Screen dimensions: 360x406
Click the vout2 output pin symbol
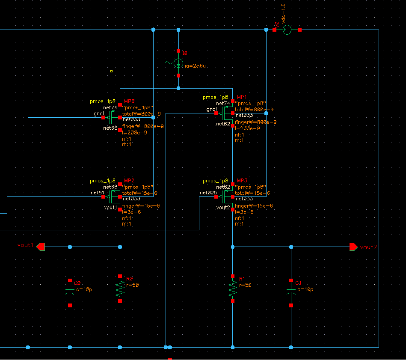[353, 247]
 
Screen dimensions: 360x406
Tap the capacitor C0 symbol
[70, 291]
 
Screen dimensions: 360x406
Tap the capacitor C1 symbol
[291, 291]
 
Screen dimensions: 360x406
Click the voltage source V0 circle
[287, 30]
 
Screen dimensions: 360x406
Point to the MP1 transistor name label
[242, 98]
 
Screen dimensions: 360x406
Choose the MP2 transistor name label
[129, 181]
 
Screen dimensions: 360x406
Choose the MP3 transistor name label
[242, 181]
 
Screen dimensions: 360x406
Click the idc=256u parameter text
[195, 66]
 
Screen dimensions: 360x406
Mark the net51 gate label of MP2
[98, 193]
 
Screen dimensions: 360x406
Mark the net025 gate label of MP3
[208, 193]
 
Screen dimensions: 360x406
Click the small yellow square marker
[111, 71]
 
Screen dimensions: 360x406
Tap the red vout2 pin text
[368, 247]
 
